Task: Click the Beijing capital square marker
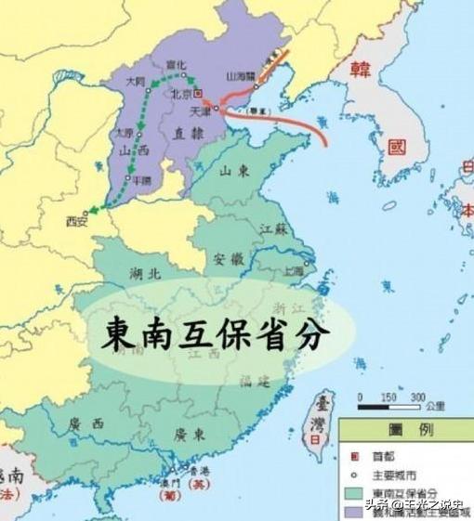[x=197, y=94]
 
